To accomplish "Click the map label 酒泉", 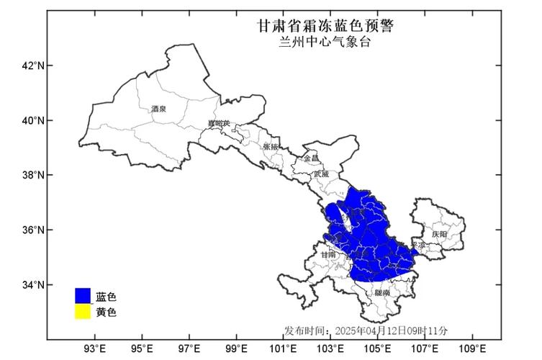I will [158, 109].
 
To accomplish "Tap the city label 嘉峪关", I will [218, 124].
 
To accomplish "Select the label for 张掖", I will [271, 146].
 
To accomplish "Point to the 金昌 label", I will [311, 158].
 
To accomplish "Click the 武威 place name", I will [321, 174].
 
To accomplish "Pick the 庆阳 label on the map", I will [439, 235].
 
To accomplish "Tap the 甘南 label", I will [328, 255].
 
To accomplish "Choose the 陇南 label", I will [382, 293].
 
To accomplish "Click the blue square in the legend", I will [83, 295].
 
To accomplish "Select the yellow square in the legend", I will [83, 312].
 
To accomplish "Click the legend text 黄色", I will [106, 312].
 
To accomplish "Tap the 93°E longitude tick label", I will [95, 349].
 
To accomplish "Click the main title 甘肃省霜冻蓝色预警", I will [325, 26].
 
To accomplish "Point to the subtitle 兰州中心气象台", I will [325, 42].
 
